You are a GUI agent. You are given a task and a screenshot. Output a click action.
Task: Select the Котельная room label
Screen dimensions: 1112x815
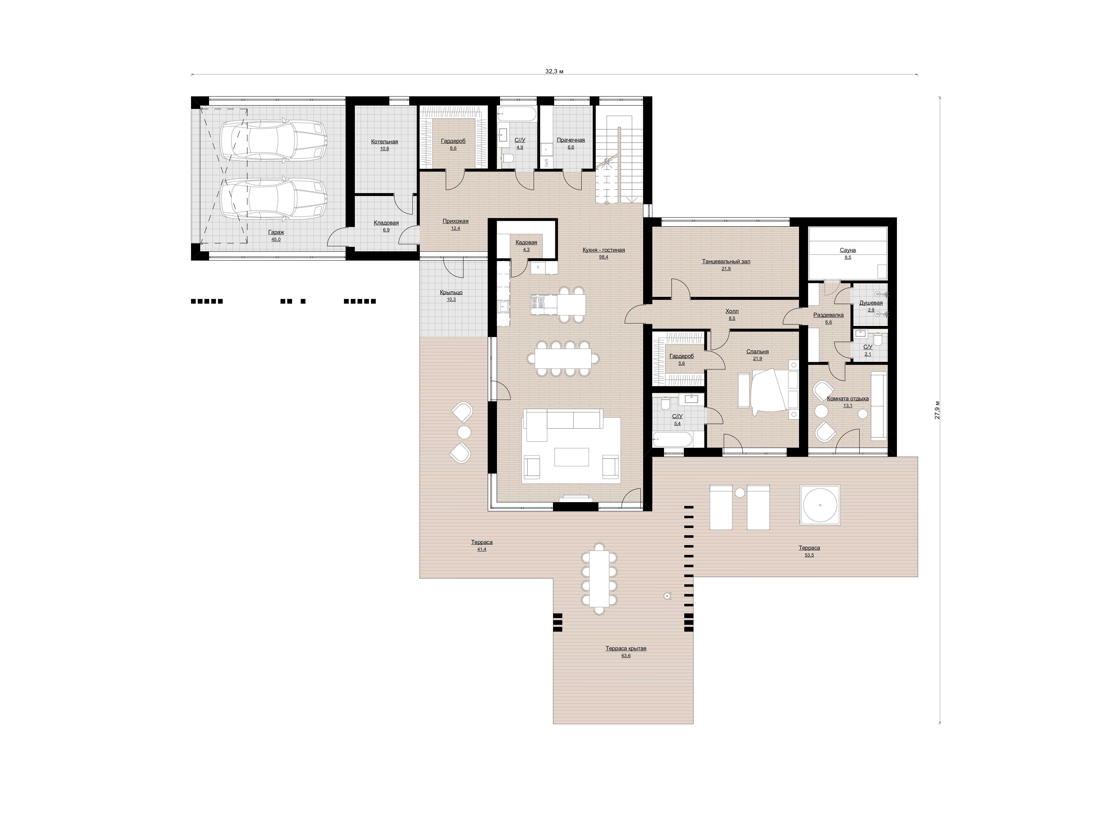[x=385, y=142]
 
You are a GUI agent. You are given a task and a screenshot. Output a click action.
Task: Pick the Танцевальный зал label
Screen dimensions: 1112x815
[x=726, y=262]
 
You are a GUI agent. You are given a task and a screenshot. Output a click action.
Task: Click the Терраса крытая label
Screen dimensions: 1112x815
[x=626, y=649]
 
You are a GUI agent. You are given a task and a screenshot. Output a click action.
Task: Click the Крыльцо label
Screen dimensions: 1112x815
[x=451, y=293]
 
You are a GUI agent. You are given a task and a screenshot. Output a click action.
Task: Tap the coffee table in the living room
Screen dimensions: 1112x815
[x=572, y=457]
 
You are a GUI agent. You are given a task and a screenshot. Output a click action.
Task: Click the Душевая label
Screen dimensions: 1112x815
[x=871, y=303]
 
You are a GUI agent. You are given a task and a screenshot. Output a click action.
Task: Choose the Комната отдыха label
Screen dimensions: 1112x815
[x=848, y=399]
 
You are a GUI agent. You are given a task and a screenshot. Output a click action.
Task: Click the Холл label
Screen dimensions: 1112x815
[x=732, y=311]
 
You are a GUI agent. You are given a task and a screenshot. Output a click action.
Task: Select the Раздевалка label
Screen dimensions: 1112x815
[x=828, y=315]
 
